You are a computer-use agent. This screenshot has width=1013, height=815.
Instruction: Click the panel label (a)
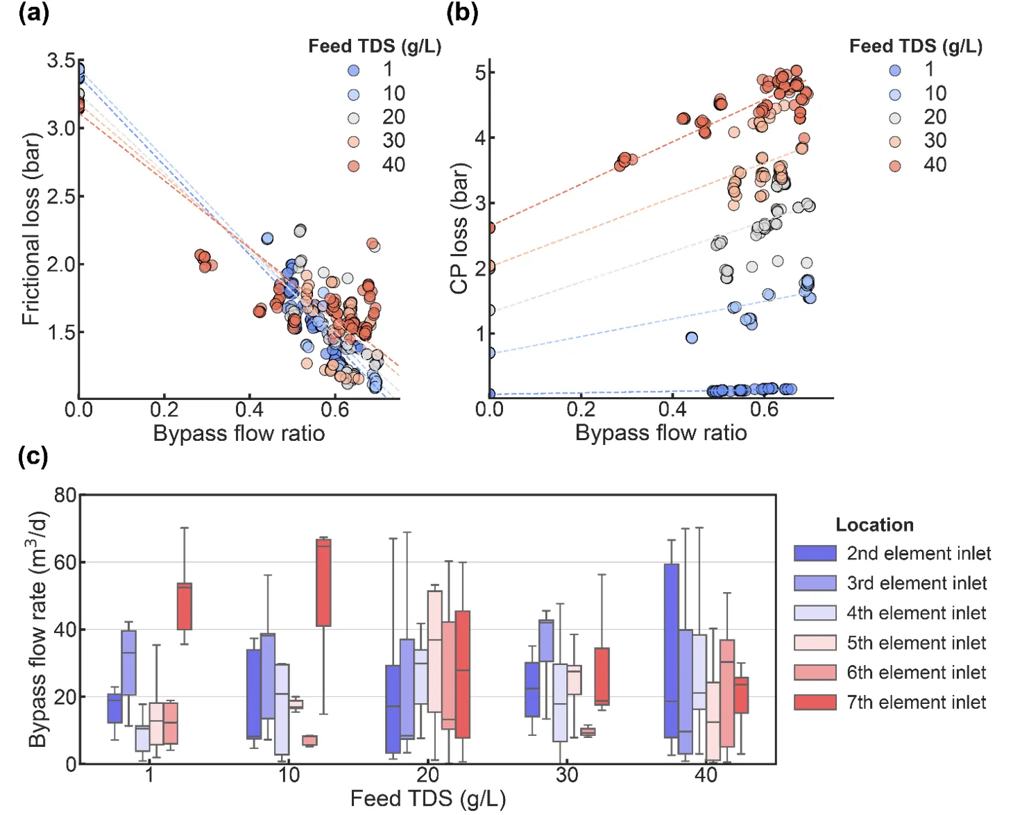point(33,12)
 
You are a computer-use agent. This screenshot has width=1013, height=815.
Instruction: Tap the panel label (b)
point(462,12)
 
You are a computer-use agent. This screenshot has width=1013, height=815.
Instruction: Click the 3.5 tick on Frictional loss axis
point(61,61)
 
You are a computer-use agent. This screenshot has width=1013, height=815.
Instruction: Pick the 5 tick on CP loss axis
point(480,72)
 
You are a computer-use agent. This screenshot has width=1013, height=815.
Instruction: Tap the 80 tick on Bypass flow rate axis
point(65,496)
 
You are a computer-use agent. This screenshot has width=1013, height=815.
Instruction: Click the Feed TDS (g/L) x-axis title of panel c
point(427,798)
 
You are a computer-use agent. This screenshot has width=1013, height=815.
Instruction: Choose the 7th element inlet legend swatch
point(815,702)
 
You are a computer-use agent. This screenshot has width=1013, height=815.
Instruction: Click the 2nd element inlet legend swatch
point(815,553)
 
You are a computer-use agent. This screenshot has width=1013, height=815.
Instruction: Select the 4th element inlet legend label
point(916,613)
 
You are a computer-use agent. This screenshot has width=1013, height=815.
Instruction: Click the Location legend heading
point(874,525)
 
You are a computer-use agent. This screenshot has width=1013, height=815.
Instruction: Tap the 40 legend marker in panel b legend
point(895,166)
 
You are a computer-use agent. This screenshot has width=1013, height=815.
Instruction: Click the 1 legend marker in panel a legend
point(354,70)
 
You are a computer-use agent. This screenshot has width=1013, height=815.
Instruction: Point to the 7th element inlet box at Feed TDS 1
point(185,606)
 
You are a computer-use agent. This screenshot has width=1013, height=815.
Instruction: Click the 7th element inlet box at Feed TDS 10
point(323,582)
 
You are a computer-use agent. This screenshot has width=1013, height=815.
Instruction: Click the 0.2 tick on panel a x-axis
point(164,410)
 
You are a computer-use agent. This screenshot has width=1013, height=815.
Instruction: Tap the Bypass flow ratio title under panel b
point(661,433)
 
